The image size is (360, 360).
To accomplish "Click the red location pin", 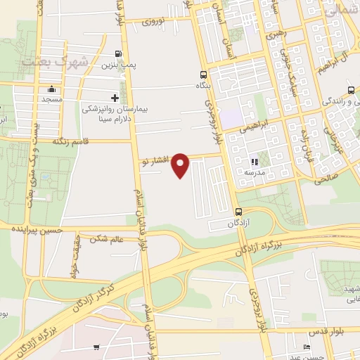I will click(x=181, y=164).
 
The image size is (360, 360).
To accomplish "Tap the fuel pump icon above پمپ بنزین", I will click(x=117, y=53).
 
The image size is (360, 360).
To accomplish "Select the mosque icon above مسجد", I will click(x=51, y=89).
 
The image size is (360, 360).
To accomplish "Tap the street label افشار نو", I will click(x=155, y=161).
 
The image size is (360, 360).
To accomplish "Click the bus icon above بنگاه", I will click(x=203, y=75).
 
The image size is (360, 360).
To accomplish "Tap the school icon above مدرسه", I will click(x=253, y=162).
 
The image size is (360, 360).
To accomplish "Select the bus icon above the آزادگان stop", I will click(x=238, y=212).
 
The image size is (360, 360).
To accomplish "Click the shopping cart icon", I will click(x=96, y=347).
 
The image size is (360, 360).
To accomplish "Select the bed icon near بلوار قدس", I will click(x=305, y=347).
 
